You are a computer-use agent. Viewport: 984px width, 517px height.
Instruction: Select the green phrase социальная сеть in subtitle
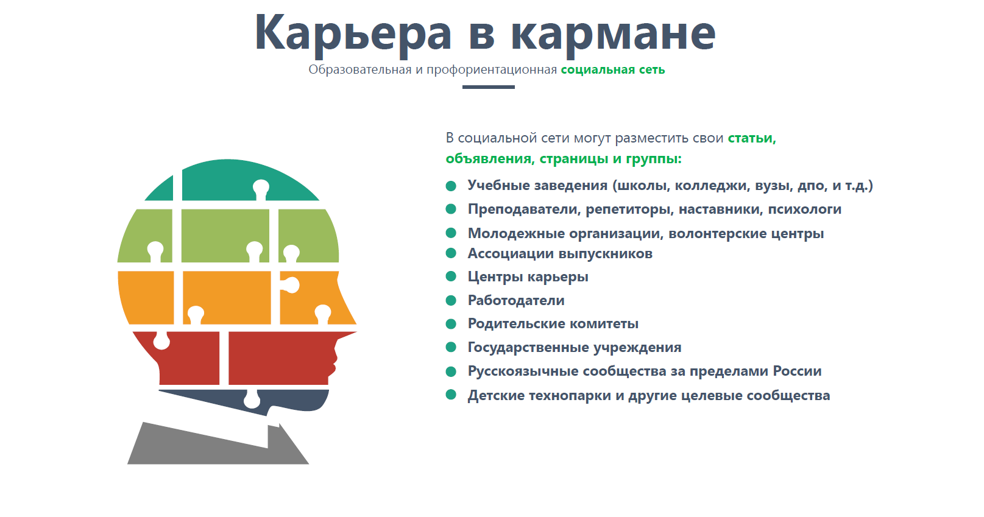coord(613,70)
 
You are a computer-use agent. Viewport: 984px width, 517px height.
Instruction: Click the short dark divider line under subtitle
coord(489,87)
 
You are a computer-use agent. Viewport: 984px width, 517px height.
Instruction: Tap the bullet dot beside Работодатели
coord(451,301)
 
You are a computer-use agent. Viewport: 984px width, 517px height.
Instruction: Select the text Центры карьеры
coord(528,277)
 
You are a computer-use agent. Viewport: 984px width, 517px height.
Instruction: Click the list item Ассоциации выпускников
coord(560,254)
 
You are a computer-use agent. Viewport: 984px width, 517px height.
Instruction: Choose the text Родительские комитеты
coord(553,324)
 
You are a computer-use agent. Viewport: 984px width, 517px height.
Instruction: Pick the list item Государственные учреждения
coord(575,348)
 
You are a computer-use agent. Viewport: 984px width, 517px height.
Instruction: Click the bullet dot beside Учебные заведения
coord(451,186)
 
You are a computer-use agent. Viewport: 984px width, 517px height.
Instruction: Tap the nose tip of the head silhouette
coord(356,325)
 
